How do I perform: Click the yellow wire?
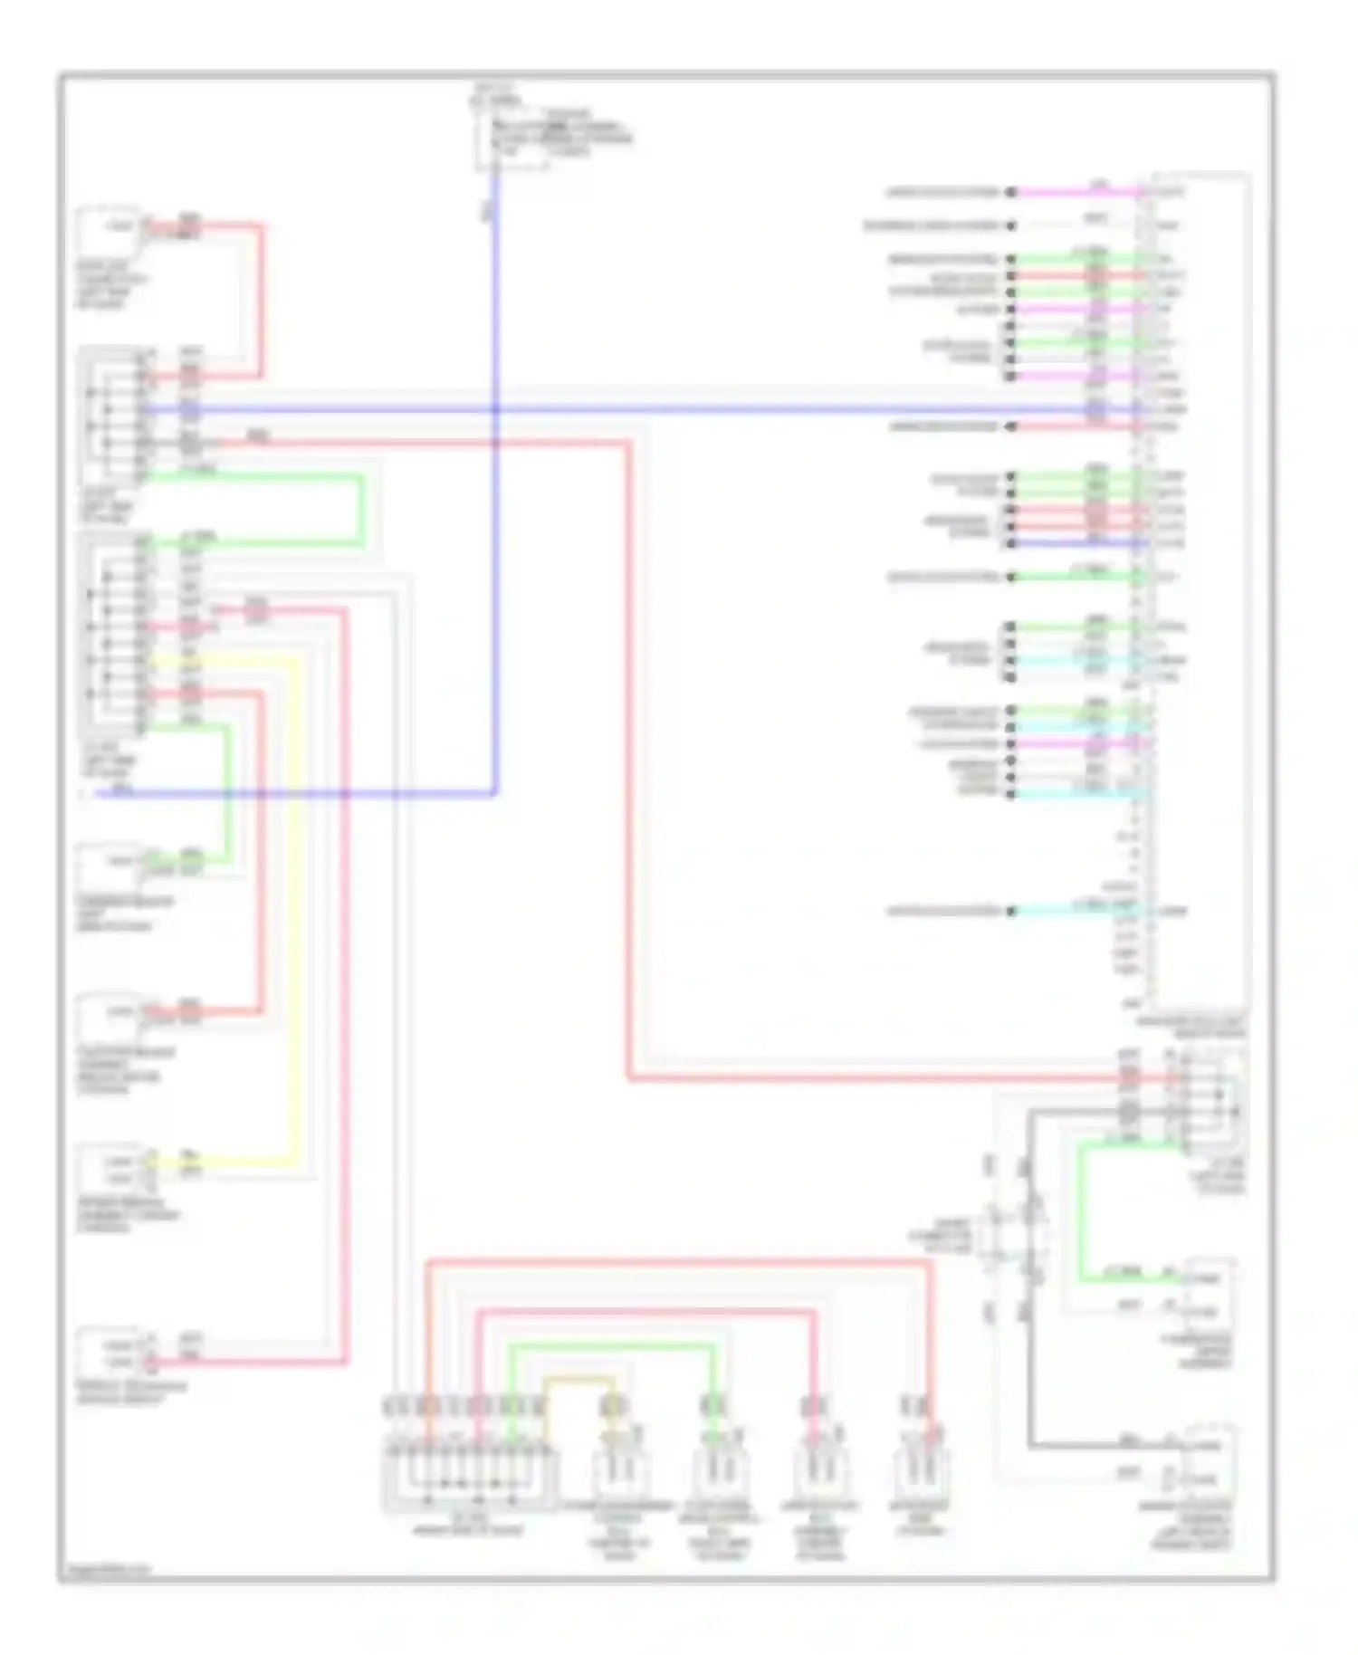pos(294,905)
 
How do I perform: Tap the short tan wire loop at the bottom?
pos(579,1380)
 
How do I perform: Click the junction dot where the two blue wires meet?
pos(495,409)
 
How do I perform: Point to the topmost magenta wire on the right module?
pos(1077,192)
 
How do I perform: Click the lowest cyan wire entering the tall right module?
pos(1077,911)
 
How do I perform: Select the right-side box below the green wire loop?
pos(1210,1295)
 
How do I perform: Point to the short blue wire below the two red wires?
pos(1077,543)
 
